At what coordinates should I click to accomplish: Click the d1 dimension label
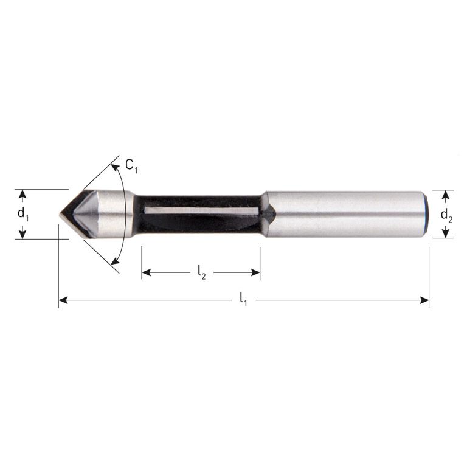click(22, 214)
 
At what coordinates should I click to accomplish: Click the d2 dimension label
click(446, 215)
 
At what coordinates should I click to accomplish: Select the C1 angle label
click(131, 165)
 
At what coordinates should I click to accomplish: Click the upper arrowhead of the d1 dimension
click(22, 193)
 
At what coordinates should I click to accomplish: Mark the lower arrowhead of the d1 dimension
click(22, 235)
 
